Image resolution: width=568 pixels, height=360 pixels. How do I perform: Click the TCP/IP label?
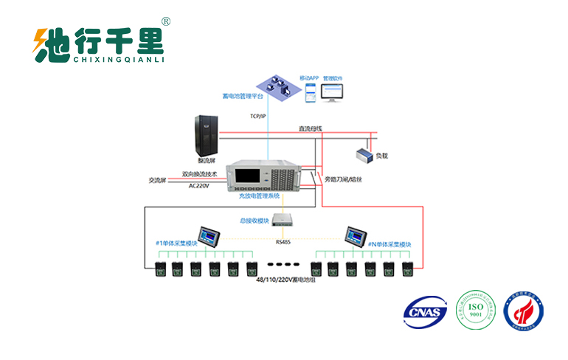(257, 116)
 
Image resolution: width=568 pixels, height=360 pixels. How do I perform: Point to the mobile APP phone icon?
(311, 92)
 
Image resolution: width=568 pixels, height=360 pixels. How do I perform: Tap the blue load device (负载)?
(364, 155)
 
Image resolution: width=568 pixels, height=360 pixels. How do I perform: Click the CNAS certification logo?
(426, 313)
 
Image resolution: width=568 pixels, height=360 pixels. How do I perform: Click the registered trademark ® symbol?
(166, 22)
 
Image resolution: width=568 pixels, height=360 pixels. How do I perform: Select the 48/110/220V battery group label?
(284, 280)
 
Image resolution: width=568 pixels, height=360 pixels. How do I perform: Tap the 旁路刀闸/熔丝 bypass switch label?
(343, 179)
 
